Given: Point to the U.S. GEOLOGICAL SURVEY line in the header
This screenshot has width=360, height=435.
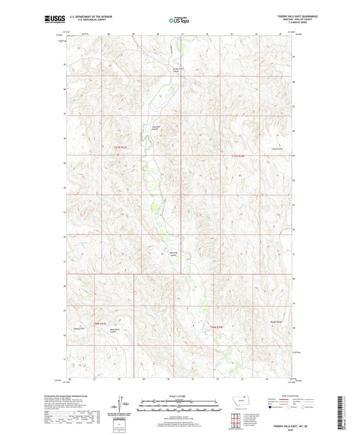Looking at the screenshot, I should (x=86, y=20).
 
